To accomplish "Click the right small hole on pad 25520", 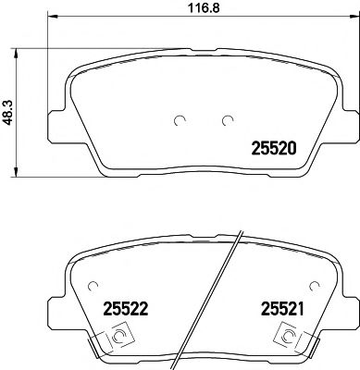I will coord(228,120).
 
